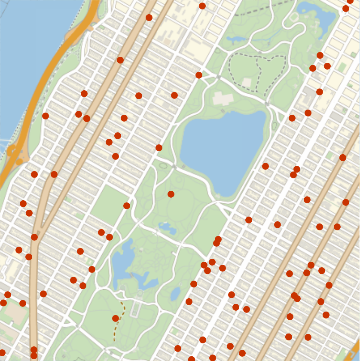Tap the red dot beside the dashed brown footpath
tap(116, 318)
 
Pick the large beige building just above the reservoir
tap(223, 98)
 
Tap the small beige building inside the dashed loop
tap(247, 82)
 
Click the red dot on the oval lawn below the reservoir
tap(171, 194)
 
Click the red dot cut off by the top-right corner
tap(350, 1)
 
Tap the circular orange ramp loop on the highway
tap(12, 150)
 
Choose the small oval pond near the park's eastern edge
tap(175, 294)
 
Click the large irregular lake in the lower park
tap(125, 262)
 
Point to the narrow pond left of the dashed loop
tap(236, 39)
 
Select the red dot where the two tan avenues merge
tap(34, 237)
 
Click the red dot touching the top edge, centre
tap(202, 6)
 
